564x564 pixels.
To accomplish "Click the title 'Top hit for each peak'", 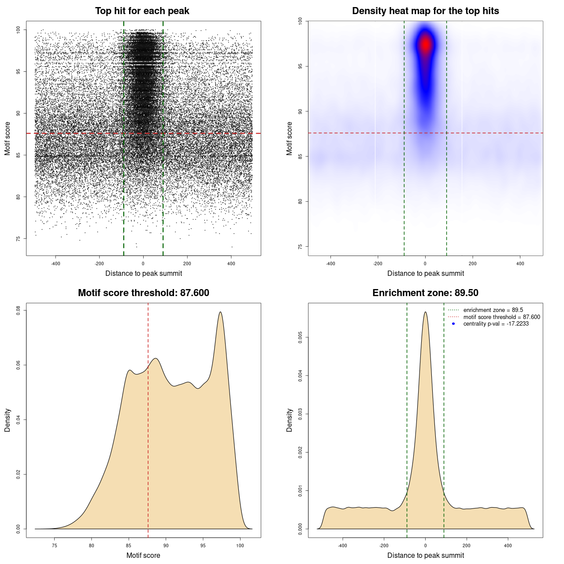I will [x=142, y=11].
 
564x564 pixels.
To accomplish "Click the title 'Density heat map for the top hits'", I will [x=425, y=11].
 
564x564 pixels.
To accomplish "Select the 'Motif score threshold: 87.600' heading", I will [x=143, y=293].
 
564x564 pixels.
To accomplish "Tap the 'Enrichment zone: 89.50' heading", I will [x=425, y=293].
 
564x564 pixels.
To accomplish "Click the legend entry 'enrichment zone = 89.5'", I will [x=493, y=310].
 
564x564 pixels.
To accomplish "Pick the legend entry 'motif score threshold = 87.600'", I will [x=501, y=317].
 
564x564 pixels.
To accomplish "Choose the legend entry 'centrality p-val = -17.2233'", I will [x=496, y=324].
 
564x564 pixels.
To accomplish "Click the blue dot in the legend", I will [x=453, y=324].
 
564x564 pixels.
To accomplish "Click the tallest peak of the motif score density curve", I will [x=220, y=312].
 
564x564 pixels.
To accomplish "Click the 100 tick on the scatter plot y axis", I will [x=19, y=30].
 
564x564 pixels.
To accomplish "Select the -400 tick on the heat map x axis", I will [x=330, y=263].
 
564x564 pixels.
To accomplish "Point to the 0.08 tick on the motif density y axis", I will [x=19, y=311].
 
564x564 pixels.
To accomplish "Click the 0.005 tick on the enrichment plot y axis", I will [x=301, y=338].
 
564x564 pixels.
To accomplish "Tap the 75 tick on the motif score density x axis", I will [x=55, y=545].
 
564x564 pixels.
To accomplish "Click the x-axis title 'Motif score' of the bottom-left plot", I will [x=143, y=555].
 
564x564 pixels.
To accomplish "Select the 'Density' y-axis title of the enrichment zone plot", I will [x=289, y=420].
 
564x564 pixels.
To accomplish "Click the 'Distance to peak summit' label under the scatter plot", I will [x=144, y=273].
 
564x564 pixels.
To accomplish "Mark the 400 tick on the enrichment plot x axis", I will [x=508, y=545].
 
